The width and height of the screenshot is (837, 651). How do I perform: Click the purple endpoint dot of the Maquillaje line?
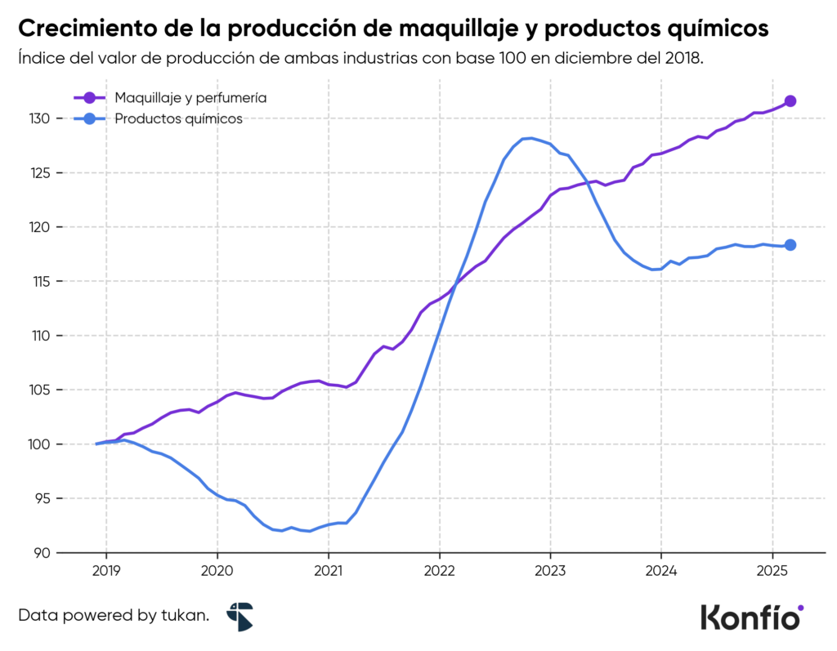pyautogui.click(x=790, y=101)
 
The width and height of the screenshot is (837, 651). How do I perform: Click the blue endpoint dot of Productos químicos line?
pyautogui.click(x=790, y=245)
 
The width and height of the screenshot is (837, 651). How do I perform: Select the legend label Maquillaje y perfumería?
pyautogui.click(x=190, y=98)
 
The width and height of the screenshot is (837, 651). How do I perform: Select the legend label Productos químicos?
pyautogui.click(x=178, y=119)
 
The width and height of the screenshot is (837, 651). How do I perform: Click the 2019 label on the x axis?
pyautogui.click(x=105, y=569)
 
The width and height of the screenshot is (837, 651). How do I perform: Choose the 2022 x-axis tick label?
pyautogui.click(x=439, y=569)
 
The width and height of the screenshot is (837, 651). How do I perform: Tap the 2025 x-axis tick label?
pyautogui.click(x=772, y=569)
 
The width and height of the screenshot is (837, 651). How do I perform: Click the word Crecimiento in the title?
pyautogui.click(x=78, y=29)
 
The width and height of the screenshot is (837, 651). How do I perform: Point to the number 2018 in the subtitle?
pyautogui.click(x=683, y=60)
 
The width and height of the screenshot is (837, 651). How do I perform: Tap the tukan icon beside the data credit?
pyautogui.click(x=240, y=617)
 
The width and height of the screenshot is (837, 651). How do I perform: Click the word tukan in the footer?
pyautogui.click(x=186, y=616)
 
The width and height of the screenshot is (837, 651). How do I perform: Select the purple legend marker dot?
pyautogui.click(x=90, y=98)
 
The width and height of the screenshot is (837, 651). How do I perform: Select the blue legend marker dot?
pyautogui.click(x=90, y=119)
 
